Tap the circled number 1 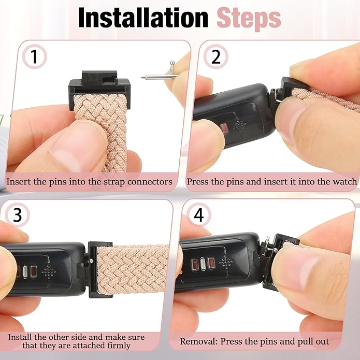34,57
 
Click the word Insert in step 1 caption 19,182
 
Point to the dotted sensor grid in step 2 239,125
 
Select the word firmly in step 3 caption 117,345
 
